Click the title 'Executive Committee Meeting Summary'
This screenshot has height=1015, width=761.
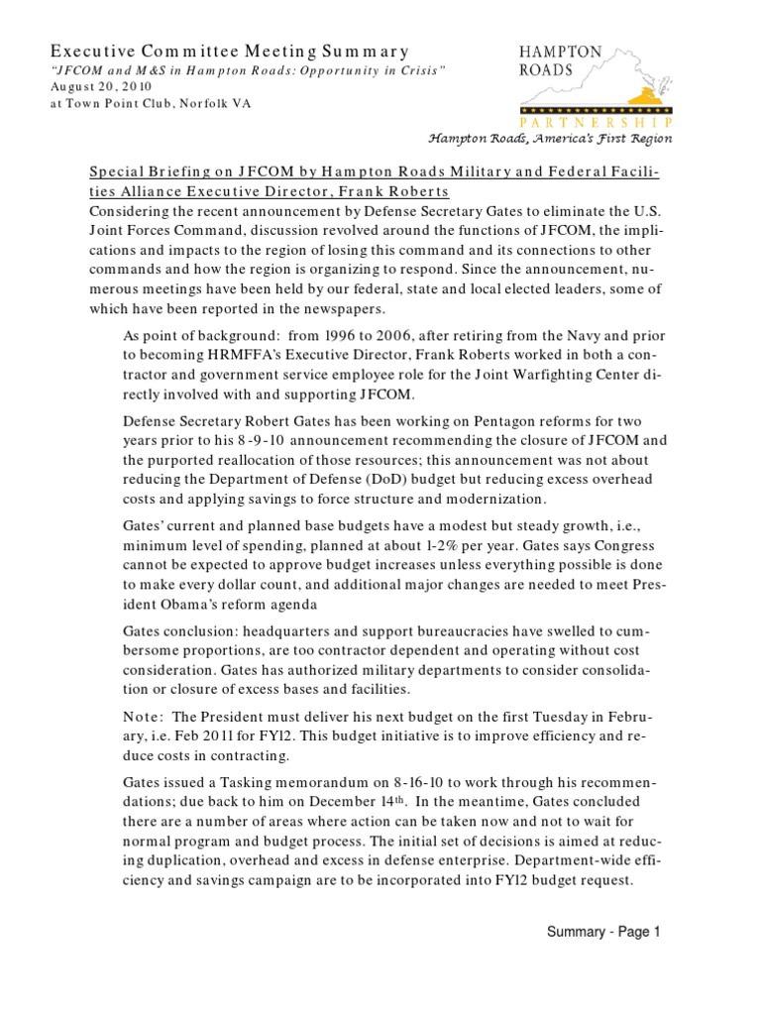[x=229, y=52]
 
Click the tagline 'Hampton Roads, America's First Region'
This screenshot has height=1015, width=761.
[x=550, y=139]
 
